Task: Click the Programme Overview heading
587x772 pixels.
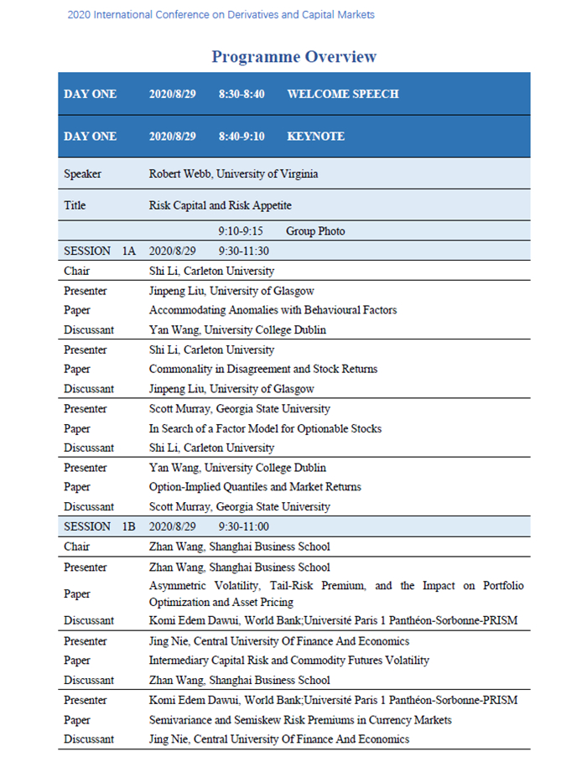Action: tap(293, 57)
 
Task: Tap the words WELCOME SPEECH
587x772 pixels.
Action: tap(342, 94)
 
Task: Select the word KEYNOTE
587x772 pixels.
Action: tap(315, 136)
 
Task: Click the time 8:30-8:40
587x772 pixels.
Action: tap(242, 94)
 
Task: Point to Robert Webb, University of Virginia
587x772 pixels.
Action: tap(233, 174)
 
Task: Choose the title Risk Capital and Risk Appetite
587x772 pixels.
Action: tap(221, 205)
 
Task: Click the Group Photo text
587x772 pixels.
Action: tap(315, 231)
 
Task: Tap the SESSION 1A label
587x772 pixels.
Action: tap(99, 251)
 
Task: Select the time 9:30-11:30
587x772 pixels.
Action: tap(243, 251)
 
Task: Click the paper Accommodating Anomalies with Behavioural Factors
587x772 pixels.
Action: tap(273, 310)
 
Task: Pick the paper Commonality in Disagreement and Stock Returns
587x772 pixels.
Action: tap(263, 369)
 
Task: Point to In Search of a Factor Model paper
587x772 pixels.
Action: tap(265, 428)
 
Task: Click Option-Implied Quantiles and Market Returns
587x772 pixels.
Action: tap(255, 487)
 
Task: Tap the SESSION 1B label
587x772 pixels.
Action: tap(99, 526)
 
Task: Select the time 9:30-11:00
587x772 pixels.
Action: tap(243, 526)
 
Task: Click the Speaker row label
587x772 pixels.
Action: tap(82, 174)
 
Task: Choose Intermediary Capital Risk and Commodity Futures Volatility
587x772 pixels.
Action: tap(289, 661)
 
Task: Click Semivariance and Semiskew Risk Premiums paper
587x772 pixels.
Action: tap(300, 720)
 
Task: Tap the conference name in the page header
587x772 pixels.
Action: tap(221, 15)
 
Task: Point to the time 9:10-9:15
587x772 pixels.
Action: tap(241, 231)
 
